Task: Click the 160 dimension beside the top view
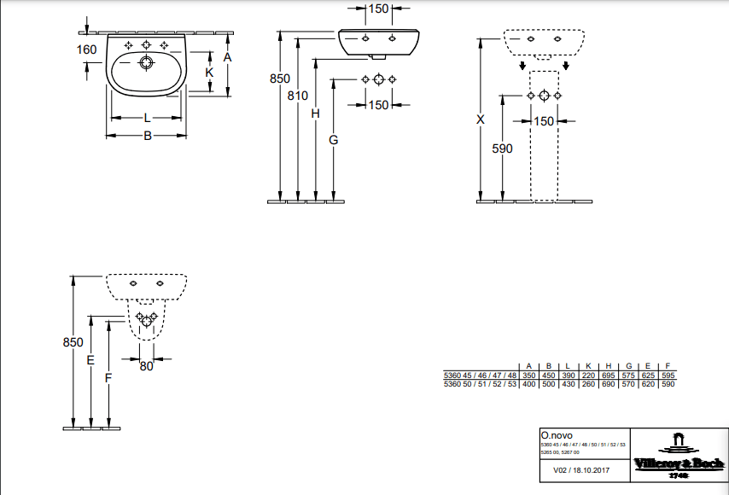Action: pyautogui.click(x=86, y=49)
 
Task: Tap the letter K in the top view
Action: pyautogui.click(x=208, y=73)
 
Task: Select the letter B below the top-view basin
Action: pyautogui.click(x=147, y=136)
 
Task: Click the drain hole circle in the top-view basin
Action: pyautogui.click(x=147, y=62)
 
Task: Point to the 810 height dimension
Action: pyautogui.click(x=297, y=96)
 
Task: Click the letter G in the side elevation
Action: pyautogui.click(x=334, y=139)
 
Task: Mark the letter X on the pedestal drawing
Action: pyautogui.click(x=481, y=120)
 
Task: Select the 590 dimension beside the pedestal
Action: pyautogui.click(x=503, y=148)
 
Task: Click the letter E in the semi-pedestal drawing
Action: pyautogui.click(x=90, y=360)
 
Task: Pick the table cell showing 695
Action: pyautogui.click(x=609, y=376)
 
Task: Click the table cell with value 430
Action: pyautogui.click(x=569, y=384)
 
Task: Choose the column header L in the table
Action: pyautogui.click(x=569, y=366)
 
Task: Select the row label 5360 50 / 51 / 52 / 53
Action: pyautogui.click(x=480, y=384)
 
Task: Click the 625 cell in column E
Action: pyautogui.click(x=649, y=376)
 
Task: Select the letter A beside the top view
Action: pyautogui.click(x=227, y=57)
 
